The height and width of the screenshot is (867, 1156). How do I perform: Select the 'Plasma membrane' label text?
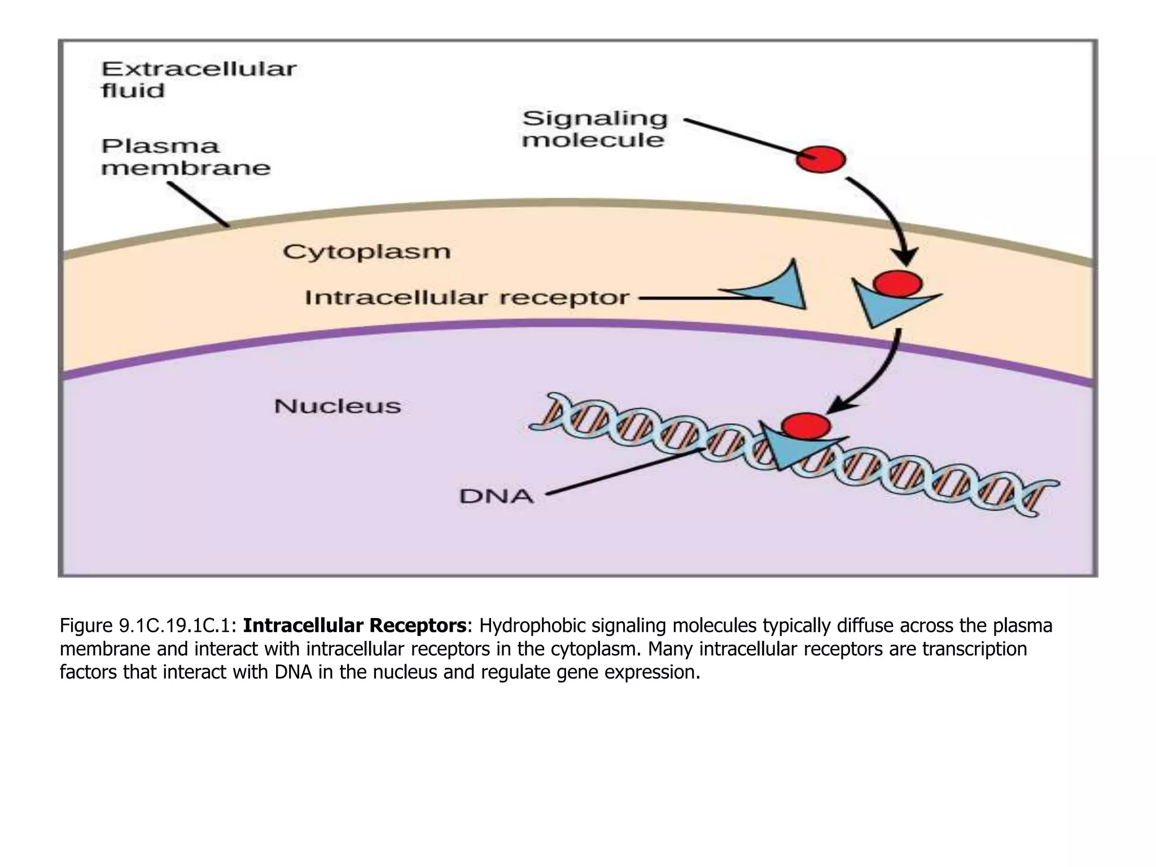(x=185, y=157)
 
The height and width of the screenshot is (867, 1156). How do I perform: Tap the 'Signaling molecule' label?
(x=594, y=129)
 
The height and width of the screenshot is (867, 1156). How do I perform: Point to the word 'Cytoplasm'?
(x=366, y=252)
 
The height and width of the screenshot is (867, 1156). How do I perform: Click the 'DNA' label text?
(x=496, y=497)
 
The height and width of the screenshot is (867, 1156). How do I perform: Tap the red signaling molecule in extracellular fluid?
(x=820, y=159)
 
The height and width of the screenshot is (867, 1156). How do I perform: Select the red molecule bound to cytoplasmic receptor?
(x=897, y=283)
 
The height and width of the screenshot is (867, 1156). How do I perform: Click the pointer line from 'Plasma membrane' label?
(x=198, y=204)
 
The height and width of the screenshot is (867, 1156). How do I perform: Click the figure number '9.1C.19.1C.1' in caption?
(x=177, y=626)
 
